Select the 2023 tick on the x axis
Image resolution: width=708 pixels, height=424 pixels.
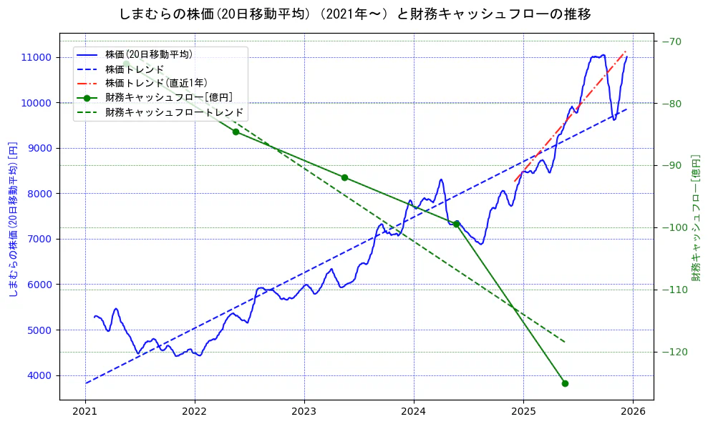pyautogui.click(x=304, y=411)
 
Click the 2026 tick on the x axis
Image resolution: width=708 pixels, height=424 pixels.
pyautogui.click(x=633, y=411)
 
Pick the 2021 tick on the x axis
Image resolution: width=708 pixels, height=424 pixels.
pyautogui.click(x=85, y=411)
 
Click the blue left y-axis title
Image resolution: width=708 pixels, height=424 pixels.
pyautogui.click(x=13, y=219)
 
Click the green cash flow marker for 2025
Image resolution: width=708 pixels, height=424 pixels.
pyautogui.click(x=565, y=383)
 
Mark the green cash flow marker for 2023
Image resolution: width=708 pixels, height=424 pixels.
pyautogui.click(x=344, y=177)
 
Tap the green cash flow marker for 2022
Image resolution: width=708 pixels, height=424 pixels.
pyautogui.click(x=236, y=132)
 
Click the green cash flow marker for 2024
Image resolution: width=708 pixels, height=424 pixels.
pyautogui.click(x=456, y=224)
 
